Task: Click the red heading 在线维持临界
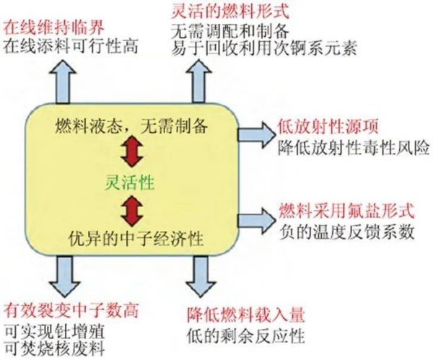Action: [x=54, y=28]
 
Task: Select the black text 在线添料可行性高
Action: [x=71, y=46]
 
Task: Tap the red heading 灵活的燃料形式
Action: [x=230, y=12]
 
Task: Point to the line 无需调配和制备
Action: [x=230, y=30]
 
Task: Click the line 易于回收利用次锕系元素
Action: [x=264, y=48]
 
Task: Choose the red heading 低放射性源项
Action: [x=328, y=127]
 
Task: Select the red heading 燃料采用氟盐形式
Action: [x=347, y=211]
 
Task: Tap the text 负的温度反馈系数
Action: [x=347, y=232]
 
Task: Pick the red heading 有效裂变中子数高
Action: [x=71, y=311]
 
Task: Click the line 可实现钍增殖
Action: [x=54, y=332]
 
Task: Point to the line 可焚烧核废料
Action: [x=54, y=348]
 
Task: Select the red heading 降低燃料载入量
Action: [x=246, y=315]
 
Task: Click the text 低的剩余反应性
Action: [x=246, y=335]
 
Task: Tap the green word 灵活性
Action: [x=129, y=183]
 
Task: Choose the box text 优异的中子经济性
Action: [x=136, y=238]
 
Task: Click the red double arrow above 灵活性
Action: [x=132, y=151]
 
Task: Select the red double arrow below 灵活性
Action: [x=133, y=211]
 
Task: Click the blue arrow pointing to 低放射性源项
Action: [x=257, y=135]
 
